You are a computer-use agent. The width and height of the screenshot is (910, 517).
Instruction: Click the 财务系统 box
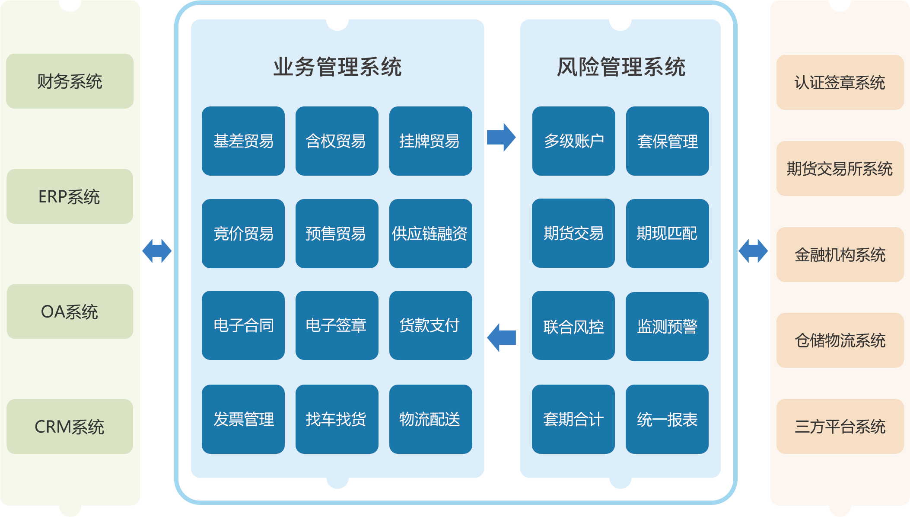pos(70,81)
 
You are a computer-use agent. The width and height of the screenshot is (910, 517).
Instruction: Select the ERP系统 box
pos(70,196)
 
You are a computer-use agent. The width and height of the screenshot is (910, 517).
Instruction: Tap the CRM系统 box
pos(70,427)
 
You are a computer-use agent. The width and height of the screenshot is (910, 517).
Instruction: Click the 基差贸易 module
pos(243,141)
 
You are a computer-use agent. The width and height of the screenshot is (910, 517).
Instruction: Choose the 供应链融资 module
pos(430,234)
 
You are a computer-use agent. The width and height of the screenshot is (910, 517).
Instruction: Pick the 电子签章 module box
pos(337,325)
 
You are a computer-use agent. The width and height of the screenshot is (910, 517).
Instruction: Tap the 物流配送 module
pos(430,419)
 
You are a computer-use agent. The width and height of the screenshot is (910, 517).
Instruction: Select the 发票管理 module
pos(243,419)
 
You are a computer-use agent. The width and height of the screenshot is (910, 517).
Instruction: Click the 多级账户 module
pos(573,141)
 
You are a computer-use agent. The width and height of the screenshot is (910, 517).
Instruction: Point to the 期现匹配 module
pos(667,234)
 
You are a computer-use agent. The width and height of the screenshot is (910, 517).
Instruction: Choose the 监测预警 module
pos(667,327)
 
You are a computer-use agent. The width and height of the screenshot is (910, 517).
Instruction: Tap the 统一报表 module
pos(667,419)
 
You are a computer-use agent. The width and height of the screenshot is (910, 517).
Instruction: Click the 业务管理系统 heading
pos(337,67)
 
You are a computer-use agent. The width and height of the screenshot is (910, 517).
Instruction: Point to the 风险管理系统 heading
pos(621,67)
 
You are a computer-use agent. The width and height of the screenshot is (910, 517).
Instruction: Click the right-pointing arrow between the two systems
pos(501,138)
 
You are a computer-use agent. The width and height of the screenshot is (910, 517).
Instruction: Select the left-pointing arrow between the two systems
pos(501,337)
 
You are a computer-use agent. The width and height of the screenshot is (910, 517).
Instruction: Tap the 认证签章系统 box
pos(840,82)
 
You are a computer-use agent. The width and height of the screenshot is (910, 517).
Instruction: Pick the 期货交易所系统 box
pos(840,168)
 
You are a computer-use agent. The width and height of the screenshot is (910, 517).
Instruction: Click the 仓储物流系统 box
pos(840,340)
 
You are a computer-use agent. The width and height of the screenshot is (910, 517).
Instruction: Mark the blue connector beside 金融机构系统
pos(753,251)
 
